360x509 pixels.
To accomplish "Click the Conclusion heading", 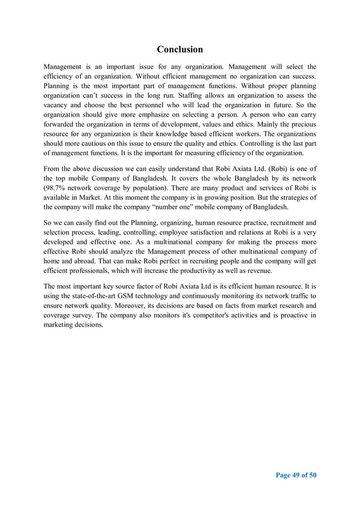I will (x=179, y=49).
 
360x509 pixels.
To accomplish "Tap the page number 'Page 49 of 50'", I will (x=296, y=475).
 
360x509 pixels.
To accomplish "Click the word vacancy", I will (x=59, y=107).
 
